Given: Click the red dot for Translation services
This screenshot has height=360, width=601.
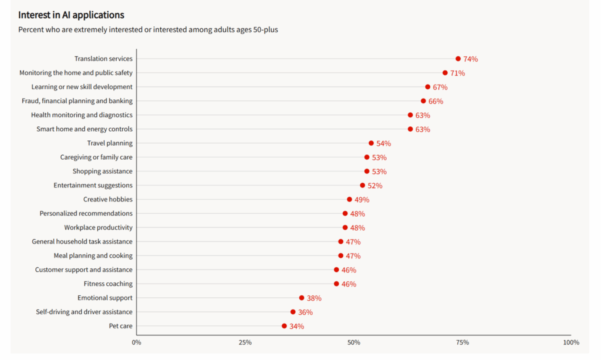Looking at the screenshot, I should [458, 59].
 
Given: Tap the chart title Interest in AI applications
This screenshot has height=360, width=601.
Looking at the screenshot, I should [71, 15].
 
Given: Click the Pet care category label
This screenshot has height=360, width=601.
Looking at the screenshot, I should [121, 326].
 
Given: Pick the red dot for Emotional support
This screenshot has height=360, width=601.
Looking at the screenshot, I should [302, 298].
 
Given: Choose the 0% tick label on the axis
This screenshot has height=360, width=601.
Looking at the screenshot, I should [136, 342].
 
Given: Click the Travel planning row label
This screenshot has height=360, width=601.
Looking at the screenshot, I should [110, 143].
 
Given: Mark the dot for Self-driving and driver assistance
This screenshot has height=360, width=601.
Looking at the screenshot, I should [293, 312].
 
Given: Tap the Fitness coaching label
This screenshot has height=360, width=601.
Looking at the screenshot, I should [108, 284].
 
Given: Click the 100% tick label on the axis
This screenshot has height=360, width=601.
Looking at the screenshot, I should [570, 342].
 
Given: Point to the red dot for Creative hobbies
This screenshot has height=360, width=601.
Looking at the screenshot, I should [349, 200].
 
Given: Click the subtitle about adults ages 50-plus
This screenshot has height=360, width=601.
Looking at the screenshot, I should [148, 29].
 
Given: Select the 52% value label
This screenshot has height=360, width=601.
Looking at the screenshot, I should [375, 186].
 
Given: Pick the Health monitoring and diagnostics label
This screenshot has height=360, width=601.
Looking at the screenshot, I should [82, 115].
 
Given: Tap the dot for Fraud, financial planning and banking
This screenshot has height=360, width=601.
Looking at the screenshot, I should [423, 101].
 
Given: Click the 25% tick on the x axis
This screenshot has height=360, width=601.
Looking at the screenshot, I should [245, 342].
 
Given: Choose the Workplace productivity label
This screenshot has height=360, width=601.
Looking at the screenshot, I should [98, 227].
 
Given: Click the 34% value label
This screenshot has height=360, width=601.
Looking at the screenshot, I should [296, 327].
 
